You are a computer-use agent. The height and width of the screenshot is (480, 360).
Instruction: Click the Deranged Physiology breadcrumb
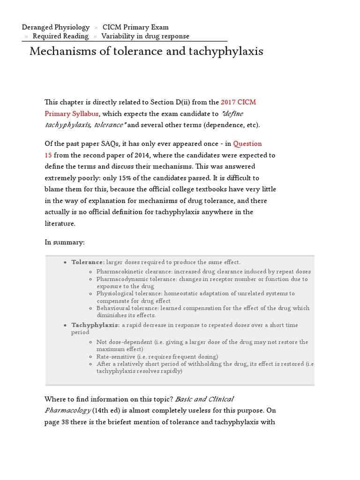[56, 27]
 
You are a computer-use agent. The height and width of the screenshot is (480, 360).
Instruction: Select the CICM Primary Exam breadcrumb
[135, 27]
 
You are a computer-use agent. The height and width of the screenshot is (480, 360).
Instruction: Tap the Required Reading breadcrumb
[60, 36]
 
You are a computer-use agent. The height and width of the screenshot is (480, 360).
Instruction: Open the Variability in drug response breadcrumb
[145, 36]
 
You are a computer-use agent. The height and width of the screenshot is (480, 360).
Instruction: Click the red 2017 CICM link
[238, 102]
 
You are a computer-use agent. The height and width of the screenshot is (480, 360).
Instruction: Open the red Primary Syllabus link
[71, 113]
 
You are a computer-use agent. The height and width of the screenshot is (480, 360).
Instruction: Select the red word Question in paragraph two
[247, 144]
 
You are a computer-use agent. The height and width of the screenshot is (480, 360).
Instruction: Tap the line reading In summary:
[64, 242]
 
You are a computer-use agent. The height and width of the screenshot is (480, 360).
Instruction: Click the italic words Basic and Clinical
[204, 399]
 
